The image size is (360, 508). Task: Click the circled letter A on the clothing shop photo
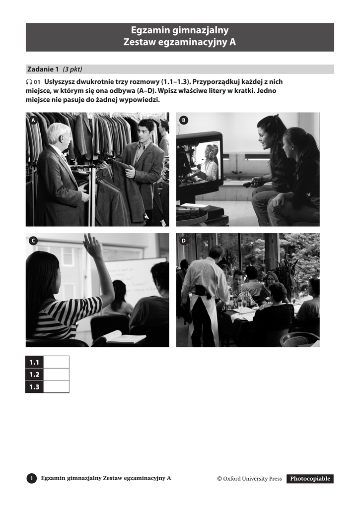click(x=33, y=120)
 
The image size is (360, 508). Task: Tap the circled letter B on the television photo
click(x=184, y=120)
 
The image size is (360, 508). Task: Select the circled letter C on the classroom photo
click(x=33, y=241)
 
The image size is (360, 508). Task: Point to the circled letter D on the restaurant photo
click(x=184, y=241)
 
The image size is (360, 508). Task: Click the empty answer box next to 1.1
click(x=56, y=362)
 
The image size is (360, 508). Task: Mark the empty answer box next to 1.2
click(x=56, y=374)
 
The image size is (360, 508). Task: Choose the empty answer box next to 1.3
click(x=56, y=386)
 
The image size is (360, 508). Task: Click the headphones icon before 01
click(x=29, y=82)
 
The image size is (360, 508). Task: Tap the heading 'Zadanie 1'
click(x=43, y=69)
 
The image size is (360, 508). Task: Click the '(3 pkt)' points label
click(x=72, y=69)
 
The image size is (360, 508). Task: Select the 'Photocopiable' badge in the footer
click(x=310, y=479)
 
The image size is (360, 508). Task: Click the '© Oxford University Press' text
click(x=249, y=479)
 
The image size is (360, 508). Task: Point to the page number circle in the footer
click(x=31, y=478)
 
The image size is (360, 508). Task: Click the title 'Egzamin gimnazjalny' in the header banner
click(x=180, y=30)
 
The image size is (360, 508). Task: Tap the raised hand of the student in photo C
click(x=91, y=243)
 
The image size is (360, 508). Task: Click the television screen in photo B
click(x=199, y=161)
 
